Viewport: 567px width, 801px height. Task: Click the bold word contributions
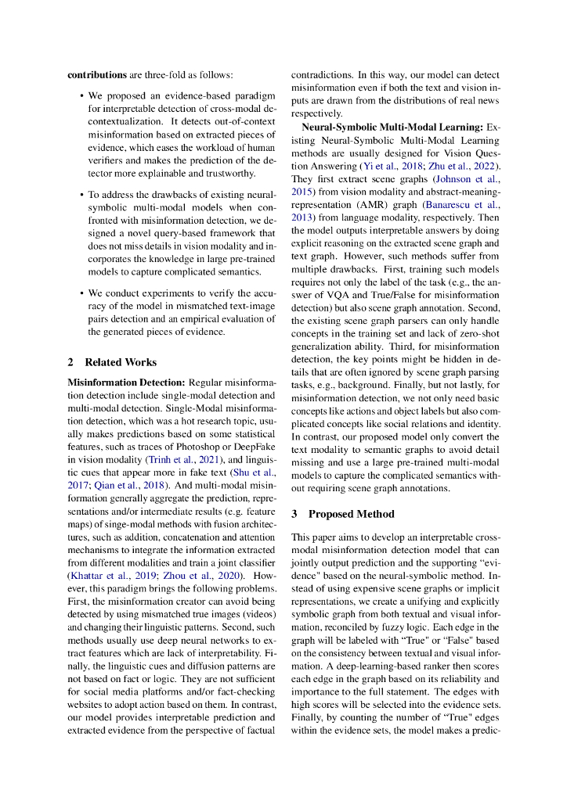coord(97,75)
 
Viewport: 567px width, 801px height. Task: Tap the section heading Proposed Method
coord(350,514)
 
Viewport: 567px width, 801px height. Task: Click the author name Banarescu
coord(450,204)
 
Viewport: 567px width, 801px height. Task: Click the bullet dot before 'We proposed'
coord(82,95)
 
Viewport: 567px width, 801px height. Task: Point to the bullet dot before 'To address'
coord(82,194)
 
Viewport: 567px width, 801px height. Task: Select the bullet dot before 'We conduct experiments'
coord(82,293)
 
